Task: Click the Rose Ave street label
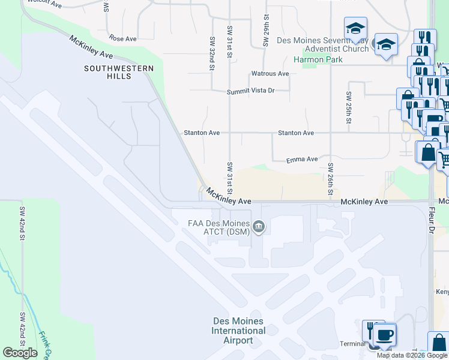point(123,39)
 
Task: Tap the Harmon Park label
point(318,59)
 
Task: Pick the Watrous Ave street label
point(270,74)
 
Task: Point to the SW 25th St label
point(348,108)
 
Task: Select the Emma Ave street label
point(302,160)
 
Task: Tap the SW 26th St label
point(330,179)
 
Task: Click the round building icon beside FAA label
point(259,226)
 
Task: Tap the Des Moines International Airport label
point(238,331)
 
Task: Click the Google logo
point(20,353)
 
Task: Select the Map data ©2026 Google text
point(412,355)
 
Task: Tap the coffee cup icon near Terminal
point(384,334)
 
